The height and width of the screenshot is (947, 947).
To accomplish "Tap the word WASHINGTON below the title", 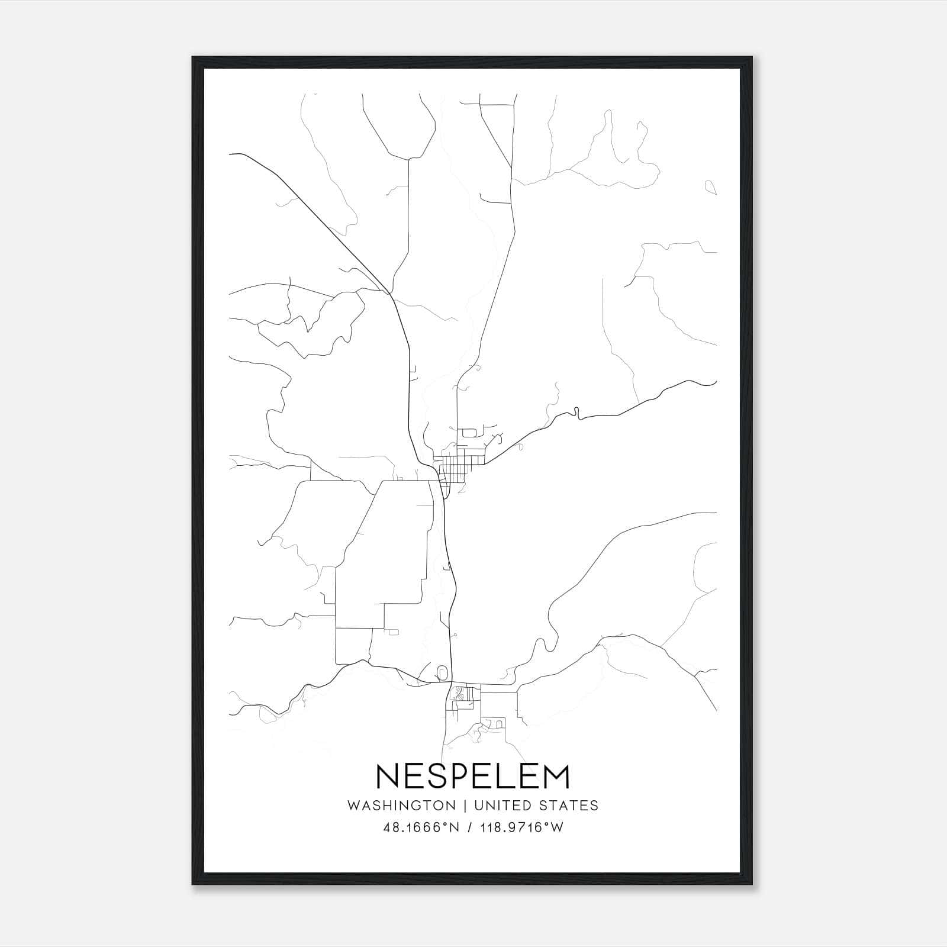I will tap(401, 806).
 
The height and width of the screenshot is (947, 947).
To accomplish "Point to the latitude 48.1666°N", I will tap(421, 827).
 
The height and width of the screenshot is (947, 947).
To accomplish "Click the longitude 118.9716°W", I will tap(522, 827).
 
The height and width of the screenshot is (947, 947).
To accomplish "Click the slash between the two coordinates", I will tap(471, 827).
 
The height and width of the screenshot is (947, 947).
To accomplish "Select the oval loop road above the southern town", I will tap(442, 673).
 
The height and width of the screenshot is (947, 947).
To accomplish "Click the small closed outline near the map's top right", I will tap(711, 188).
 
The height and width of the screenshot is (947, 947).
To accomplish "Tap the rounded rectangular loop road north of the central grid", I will tap(469, 433).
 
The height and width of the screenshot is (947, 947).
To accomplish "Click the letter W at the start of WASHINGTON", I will tap(353, 806).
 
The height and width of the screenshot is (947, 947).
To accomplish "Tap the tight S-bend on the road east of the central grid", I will tap(575, 412).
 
